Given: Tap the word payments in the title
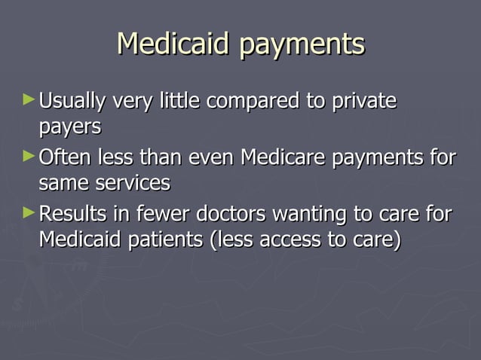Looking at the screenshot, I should pyautogui.click(x=302, y=45).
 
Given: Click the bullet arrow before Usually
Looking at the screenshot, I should pyautogui.click(x=29, y=99).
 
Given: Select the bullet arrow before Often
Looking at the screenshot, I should pyautogui.click(x=29, y=157).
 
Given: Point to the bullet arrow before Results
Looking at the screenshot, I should pyautogui.click(x=29, y=213).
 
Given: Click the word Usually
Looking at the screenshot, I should pyautogui.click(x=72, y=101).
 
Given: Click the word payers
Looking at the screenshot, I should pyautogui.click(x=70, y=127).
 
